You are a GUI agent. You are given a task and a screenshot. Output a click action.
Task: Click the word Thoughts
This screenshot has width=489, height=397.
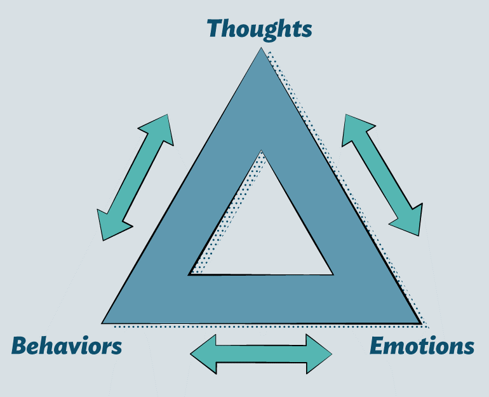click(x=259, y=29)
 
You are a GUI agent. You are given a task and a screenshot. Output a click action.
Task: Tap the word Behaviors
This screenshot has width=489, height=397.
click(x=67, y=346)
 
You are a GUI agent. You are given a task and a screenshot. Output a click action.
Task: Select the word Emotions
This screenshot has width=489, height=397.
click(x=422, y=346)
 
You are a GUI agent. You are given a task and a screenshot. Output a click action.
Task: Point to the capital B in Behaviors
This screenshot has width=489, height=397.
click(x=20, y=346)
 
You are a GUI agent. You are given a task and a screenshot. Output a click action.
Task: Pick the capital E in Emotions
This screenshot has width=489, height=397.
click(x=377, y=346)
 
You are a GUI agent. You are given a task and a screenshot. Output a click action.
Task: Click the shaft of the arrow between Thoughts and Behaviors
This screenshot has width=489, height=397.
click(x=135, y=177)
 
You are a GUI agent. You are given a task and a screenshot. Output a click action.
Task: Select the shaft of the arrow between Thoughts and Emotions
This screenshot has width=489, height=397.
click(x=382, y=175)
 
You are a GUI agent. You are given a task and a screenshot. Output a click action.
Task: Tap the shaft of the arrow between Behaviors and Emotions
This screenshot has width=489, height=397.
click(x=261, y=354)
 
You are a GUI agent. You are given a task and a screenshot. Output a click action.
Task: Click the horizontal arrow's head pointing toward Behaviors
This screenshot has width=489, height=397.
click(x=204, y=354)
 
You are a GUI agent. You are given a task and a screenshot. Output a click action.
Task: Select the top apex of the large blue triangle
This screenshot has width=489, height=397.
click(x=261, y=50)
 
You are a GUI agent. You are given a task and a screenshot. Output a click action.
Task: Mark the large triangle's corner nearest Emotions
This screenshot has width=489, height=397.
click(x=419, y=322)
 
